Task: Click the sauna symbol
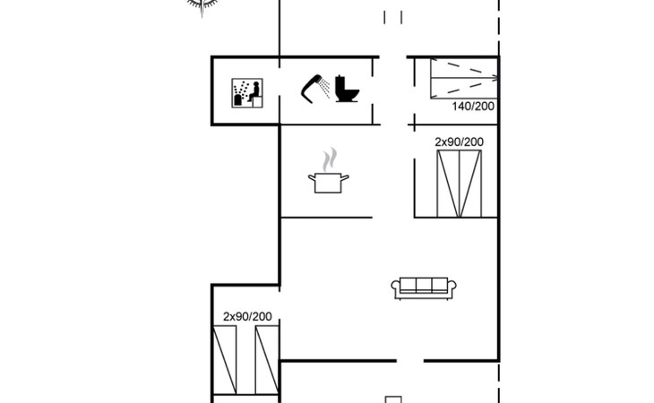[x=247, y=93]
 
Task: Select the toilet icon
[x=347, y=89]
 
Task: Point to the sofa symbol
[x=424, y=288]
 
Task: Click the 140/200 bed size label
[x=473, y=107]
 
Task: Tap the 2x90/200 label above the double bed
[x=460, y=142]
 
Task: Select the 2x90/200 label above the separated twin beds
[x=247, y=317]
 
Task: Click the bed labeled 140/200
[x=464, y=78]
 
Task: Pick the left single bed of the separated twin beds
[x=224, y=360]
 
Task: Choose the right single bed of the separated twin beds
[x=267, y=360]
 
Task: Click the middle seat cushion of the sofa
[x=424, y=285]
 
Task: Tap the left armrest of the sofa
[x=395, y=286]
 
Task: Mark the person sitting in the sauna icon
[x=254, y=91]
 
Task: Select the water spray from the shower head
[x=323, y=88]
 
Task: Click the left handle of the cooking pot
[x=312, y=178]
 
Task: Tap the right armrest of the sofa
[x=452, y=286]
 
